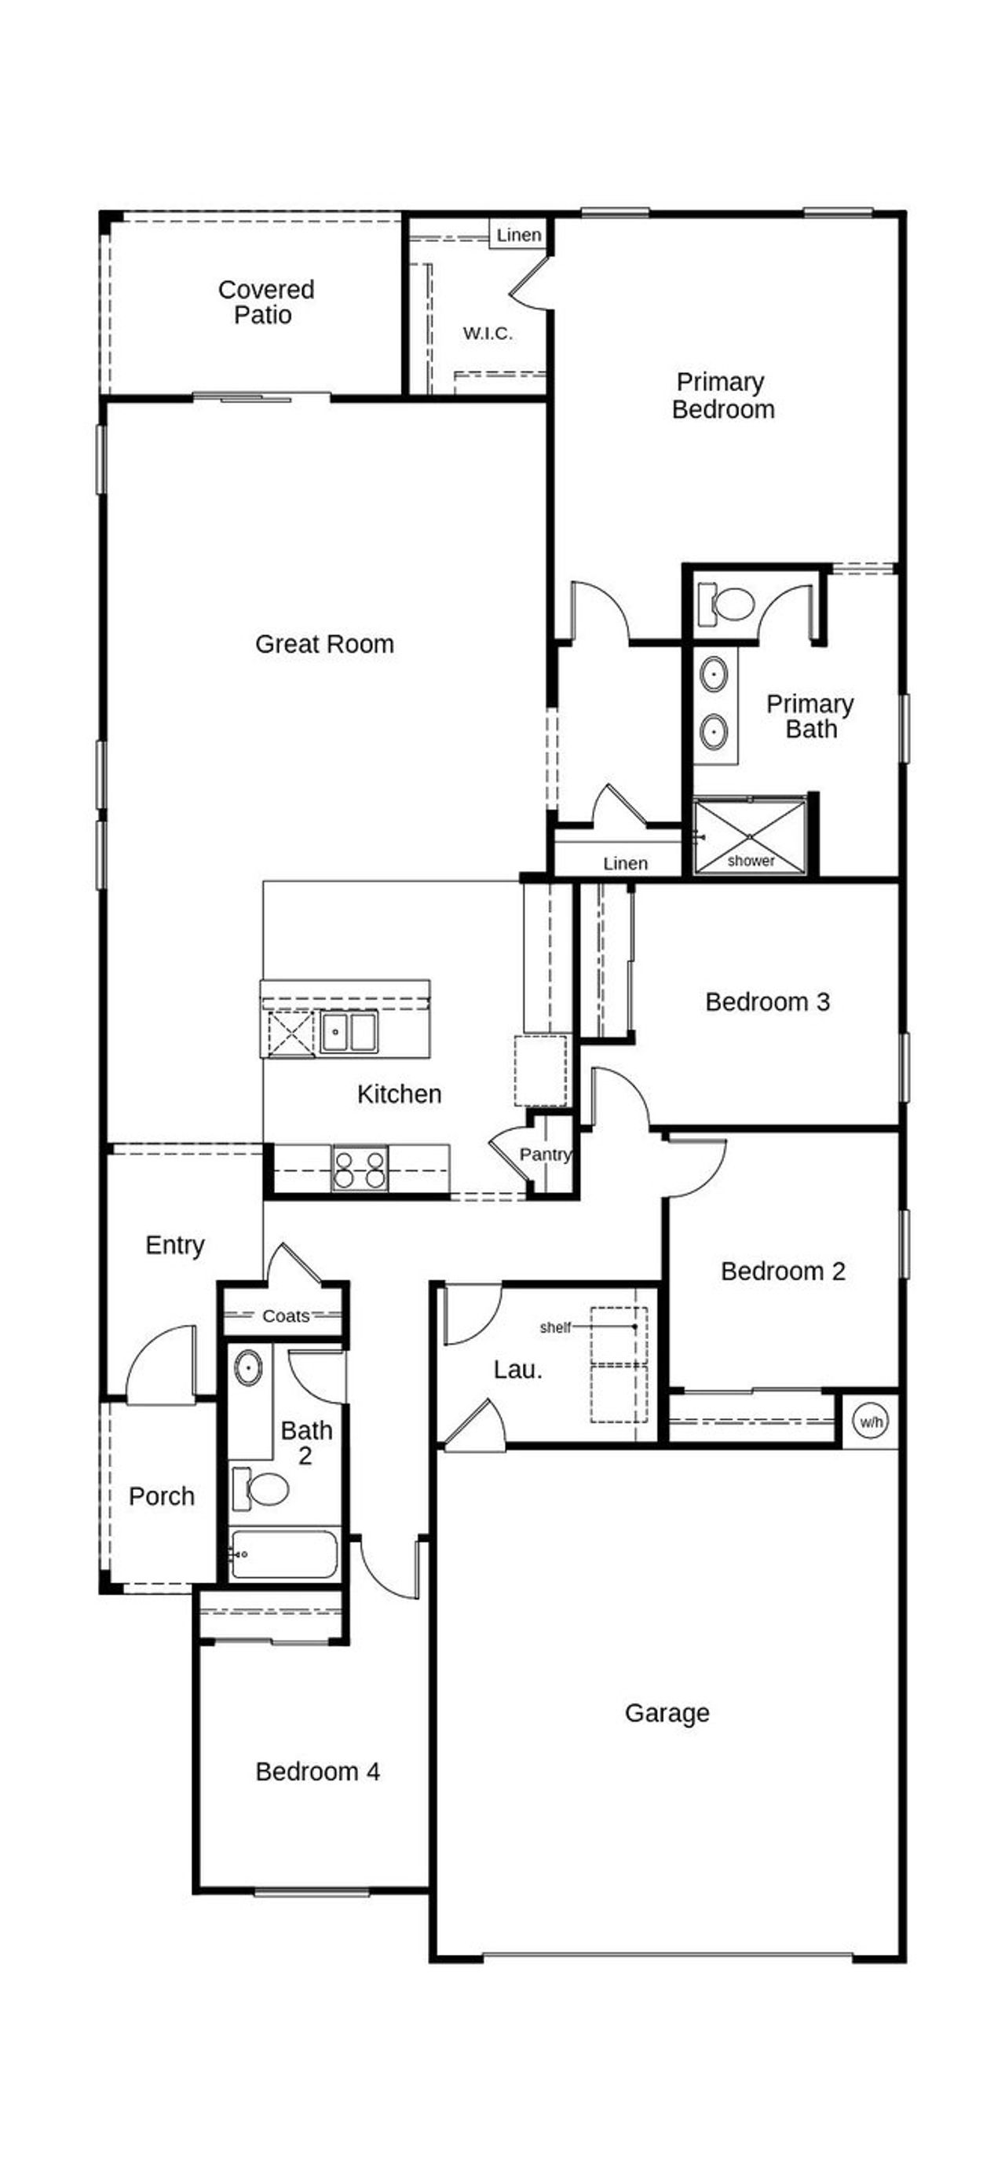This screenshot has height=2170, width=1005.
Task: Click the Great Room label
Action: point(324,645)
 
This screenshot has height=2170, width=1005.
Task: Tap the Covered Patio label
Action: point(265,302)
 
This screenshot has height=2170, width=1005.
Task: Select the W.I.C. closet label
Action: point(488,334)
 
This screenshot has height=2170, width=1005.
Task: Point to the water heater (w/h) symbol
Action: point(869,1422)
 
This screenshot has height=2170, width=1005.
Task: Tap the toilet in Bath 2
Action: point(265,1489)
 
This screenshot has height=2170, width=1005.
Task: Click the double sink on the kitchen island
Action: point(349,1031)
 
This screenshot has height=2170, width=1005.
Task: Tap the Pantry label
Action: point(545,1154)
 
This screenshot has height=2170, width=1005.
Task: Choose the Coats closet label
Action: point(286,1316)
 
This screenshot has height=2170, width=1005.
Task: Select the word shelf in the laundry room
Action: point(555,1327)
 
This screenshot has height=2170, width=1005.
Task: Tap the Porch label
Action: point(162,1497)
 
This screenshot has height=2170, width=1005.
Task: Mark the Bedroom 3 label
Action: point(767,1001)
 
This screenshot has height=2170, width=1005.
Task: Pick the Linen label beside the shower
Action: point(625,863)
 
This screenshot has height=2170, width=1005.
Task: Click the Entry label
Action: point(175,1245)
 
